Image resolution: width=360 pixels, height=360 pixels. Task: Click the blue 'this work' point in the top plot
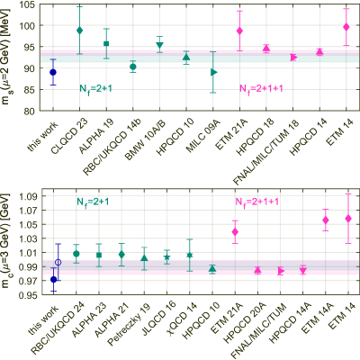click(53, 72)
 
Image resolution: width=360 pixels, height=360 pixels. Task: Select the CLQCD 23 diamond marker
click(79, 31)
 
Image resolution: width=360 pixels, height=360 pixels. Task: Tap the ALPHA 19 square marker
click(106, 44)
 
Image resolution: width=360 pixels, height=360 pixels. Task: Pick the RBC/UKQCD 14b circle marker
click(133, 67)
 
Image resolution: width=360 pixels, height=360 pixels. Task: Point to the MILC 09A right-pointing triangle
click(214, 72)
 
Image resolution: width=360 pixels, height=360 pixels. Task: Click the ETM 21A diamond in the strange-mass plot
click(239, 31)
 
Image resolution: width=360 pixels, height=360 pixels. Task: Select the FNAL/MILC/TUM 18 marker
click(293, 58)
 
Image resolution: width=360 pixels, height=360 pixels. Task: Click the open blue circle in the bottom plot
click(58, 263)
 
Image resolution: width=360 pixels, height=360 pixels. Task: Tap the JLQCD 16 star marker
click(166, 257)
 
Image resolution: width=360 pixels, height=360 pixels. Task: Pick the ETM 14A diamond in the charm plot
click(326, 220)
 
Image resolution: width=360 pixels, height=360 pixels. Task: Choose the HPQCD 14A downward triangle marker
click(303, 271)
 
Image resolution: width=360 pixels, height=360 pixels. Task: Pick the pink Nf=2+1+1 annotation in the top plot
click(262, 89)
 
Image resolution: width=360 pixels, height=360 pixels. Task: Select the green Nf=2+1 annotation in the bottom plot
click(93, 202)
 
